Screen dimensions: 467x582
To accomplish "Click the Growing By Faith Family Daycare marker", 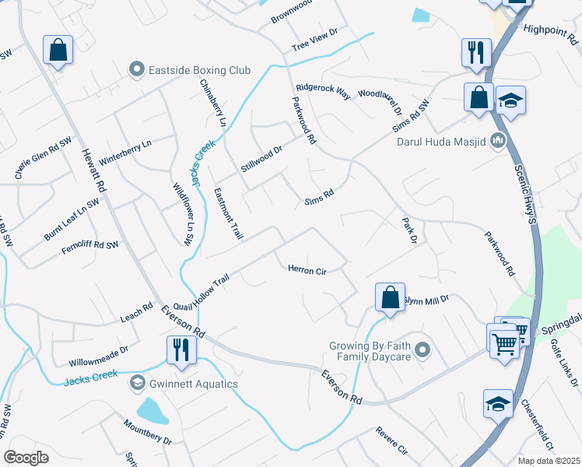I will [x=422, y=349].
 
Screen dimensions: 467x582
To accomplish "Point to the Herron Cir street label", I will [x=307, y=270].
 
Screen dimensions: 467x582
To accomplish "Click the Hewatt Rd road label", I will [x=93, y=170].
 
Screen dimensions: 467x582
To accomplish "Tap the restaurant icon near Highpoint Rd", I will [x=476, y=52].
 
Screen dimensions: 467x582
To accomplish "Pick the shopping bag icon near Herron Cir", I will [x=390, y=297].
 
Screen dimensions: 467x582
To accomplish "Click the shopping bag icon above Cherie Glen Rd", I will [x=58, y=51].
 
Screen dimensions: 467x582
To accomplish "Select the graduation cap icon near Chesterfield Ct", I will [x=498, y=403].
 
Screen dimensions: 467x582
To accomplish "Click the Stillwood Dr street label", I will [x=261, y=155].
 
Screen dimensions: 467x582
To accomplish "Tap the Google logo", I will [x=26, y=457].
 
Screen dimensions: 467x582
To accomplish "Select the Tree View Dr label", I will [x=314, y=39].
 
